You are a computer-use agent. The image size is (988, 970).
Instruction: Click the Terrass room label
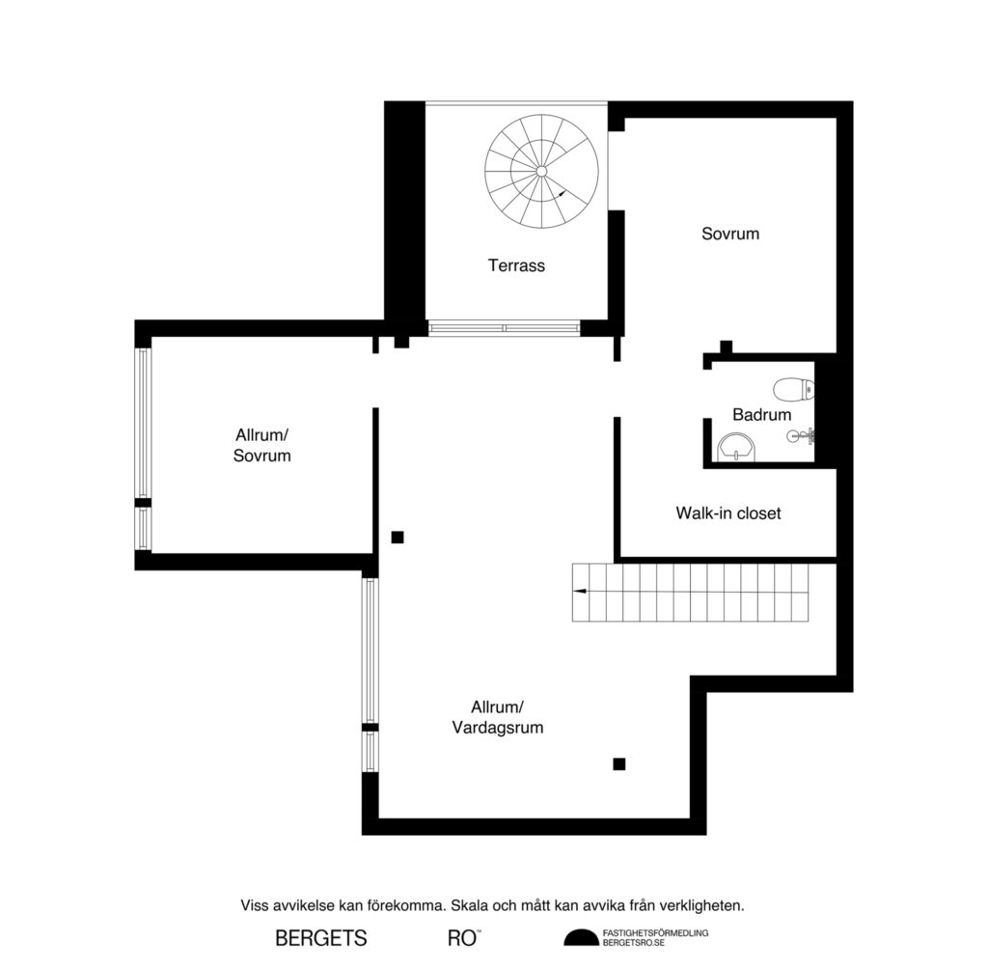click(x=516, y=265)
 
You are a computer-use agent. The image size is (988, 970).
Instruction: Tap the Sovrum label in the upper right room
click(x=730, y=234)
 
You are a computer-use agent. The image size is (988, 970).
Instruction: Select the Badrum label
click(x=761, y=415)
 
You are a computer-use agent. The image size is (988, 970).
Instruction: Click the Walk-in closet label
click(x=727, y=513)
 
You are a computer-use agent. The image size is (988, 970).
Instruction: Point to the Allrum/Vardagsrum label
click(x=498, y=717)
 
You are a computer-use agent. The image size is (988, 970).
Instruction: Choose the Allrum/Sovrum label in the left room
click(x=261, y=445)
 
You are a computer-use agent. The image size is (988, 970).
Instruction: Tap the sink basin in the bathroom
click(x=738, y=447)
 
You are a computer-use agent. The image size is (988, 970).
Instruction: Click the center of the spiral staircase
click(x=541, y=171)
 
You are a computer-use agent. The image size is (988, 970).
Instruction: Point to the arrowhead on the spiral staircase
click(x=561, y=195)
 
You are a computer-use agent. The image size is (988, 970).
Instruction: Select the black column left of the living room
click(x=397, y=538)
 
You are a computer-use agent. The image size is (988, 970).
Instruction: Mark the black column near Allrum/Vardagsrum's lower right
click(x=619, y=764)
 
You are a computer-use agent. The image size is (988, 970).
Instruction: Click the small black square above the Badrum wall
click(x=727, y=346)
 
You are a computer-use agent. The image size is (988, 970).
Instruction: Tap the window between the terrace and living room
click(x=504, y=328)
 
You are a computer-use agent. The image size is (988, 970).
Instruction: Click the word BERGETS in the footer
click(x=321, y=938)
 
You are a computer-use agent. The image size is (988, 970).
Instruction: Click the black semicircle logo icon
click(x=581, y=938)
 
